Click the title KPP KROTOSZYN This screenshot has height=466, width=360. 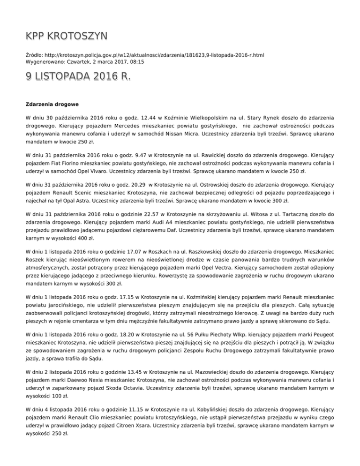(66, 36)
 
